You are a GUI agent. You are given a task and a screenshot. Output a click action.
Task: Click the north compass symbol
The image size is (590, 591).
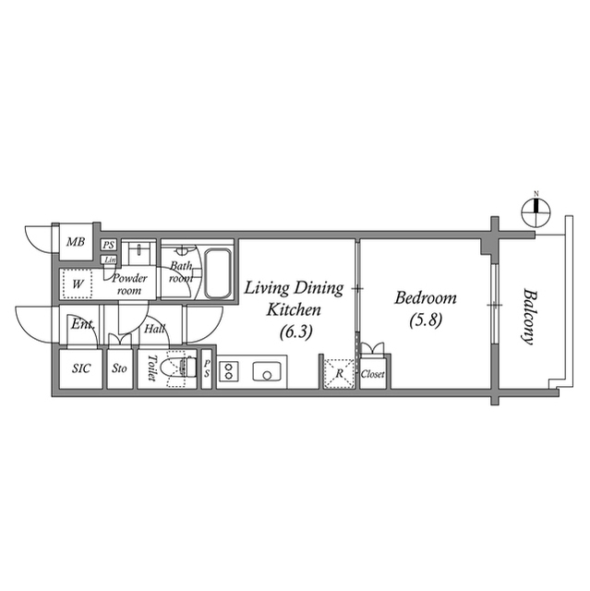click(536, 213)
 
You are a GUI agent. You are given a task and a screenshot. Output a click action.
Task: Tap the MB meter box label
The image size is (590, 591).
click(76, 242)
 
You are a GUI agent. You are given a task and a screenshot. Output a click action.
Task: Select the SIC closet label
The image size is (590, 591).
click(81, 368)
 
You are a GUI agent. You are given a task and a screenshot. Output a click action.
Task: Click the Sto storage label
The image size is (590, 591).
click(119, 368)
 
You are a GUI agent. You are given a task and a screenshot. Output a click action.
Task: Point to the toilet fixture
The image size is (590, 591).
click(178, 368)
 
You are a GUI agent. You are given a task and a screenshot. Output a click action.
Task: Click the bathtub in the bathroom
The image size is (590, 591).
click(217, 273)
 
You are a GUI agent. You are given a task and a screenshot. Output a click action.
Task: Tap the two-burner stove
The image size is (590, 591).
click(229, 370)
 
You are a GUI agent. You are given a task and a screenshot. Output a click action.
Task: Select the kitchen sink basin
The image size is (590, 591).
click(267, 371)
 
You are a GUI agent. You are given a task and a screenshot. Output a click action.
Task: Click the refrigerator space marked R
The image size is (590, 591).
click(339, 373)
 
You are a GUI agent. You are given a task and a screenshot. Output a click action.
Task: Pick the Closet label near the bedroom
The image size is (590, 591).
click(373, 374)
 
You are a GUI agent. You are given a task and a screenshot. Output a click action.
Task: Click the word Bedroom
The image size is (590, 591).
click(426, 298)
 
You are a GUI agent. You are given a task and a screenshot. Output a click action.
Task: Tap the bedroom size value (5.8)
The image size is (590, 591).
click(426, 320)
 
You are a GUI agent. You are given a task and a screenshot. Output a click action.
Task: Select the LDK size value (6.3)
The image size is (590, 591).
click(296, 332)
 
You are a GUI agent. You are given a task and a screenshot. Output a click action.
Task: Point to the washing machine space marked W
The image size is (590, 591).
click(78, 283)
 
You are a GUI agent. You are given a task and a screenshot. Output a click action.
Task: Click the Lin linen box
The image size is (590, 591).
click(109, 259)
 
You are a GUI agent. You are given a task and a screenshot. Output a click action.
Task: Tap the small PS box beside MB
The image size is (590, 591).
click(109, 245)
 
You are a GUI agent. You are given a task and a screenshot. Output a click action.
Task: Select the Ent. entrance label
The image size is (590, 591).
click(82, 324)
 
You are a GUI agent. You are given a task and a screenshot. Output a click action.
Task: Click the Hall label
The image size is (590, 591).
click(154, 329)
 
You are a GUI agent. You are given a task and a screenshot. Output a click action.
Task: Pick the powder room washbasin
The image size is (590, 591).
click(139, 251)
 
